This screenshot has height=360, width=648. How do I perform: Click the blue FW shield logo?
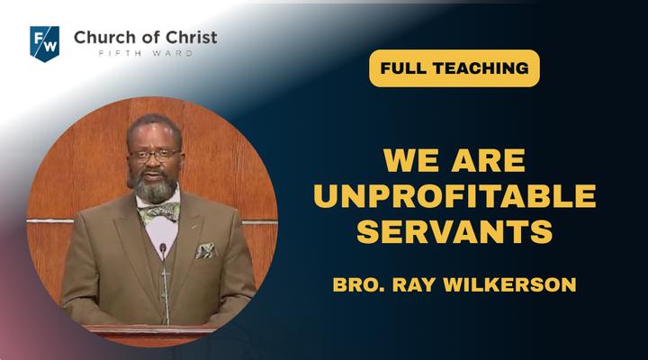[45, 43]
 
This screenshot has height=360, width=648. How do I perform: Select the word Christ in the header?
[192, 38]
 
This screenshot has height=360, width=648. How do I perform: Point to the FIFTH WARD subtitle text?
[146, 53]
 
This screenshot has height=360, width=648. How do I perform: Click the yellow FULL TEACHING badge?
[454, 68]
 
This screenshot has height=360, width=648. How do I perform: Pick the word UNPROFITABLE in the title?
[454, 196]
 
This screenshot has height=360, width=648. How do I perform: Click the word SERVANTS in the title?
[454, 231]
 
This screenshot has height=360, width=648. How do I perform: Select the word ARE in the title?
[489, 160]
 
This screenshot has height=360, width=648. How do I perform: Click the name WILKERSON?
[509, 284]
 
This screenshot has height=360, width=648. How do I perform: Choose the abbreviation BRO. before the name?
[359, 284]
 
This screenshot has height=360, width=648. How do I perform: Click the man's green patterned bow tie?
[159, 211]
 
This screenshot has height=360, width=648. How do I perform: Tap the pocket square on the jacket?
[205, 250]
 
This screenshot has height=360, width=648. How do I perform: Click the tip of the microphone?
[163, 247]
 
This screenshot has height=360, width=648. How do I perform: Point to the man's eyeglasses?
[155, 155]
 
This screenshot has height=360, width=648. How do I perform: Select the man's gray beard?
[155, 188]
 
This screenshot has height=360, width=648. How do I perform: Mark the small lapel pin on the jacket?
[193, 227]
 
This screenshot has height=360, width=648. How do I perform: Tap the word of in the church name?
[149, 38]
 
